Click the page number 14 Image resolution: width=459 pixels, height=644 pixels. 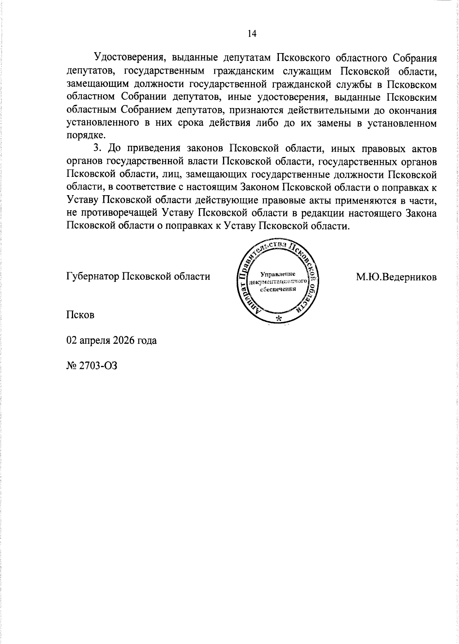pos(252,34)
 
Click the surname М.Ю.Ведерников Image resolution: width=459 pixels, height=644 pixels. pos(396,276)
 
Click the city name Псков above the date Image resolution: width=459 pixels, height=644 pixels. pos(80,315)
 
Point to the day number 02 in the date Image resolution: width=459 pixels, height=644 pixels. pos(72,340)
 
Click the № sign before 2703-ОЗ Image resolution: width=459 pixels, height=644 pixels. pos(72,366)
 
